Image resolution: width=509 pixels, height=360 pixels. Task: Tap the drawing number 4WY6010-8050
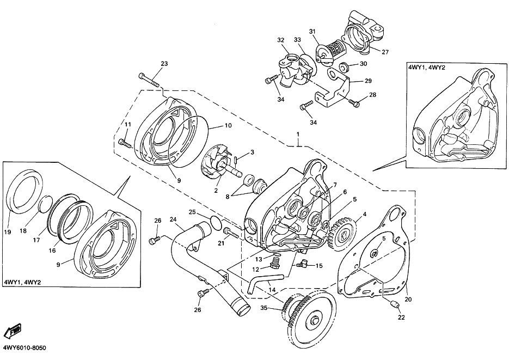24,348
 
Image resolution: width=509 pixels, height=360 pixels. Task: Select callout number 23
164,64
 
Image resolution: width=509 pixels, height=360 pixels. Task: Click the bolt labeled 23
149,80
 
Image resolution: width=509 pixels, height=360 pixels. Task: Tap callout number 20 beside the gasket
408,300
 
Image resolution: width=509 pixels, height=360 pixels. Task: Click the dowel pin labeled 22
394,305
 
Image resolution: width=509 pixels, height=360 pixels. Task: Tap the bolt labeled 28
353,102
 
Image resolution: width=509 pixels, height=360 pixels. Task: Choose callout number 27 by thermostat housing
385,52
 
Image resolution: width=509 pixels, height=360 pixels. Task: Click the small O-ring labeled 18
46,204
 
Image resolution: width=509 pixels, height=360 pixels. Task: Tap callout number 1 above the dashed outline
298,135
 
